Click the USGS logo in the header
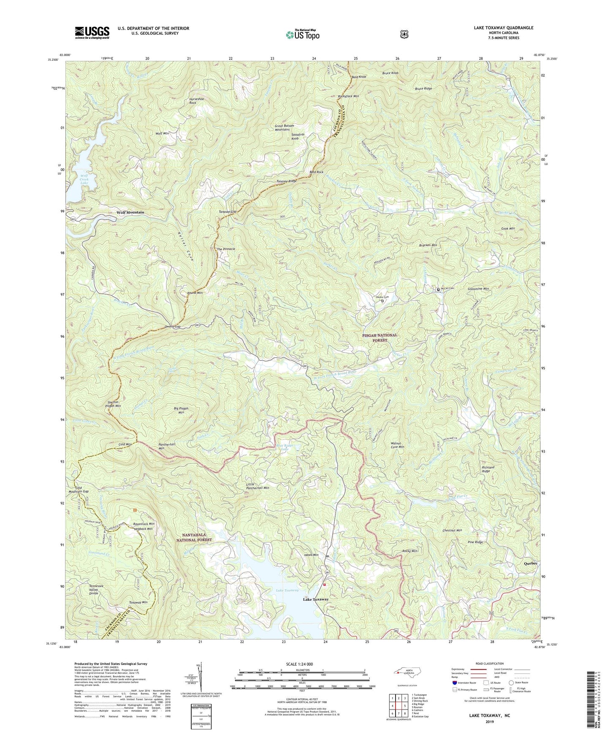coord(92,33)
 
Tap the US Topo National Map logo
coord(302,34)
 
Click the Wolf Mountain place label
coord(130,212)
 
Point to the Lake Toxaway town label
coord(316,599)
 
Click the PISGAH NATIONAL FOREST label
coord(380,338)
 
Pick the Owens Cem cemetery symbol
coord(383,301)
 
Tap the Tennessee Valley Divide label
coord(99,590)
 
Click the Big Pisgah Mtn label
coord(181,410)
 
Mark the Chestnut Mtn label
coord(452,531)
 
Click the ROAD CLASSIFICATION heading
coord(490,664)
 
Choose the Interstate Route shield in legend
coord(454,682)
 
